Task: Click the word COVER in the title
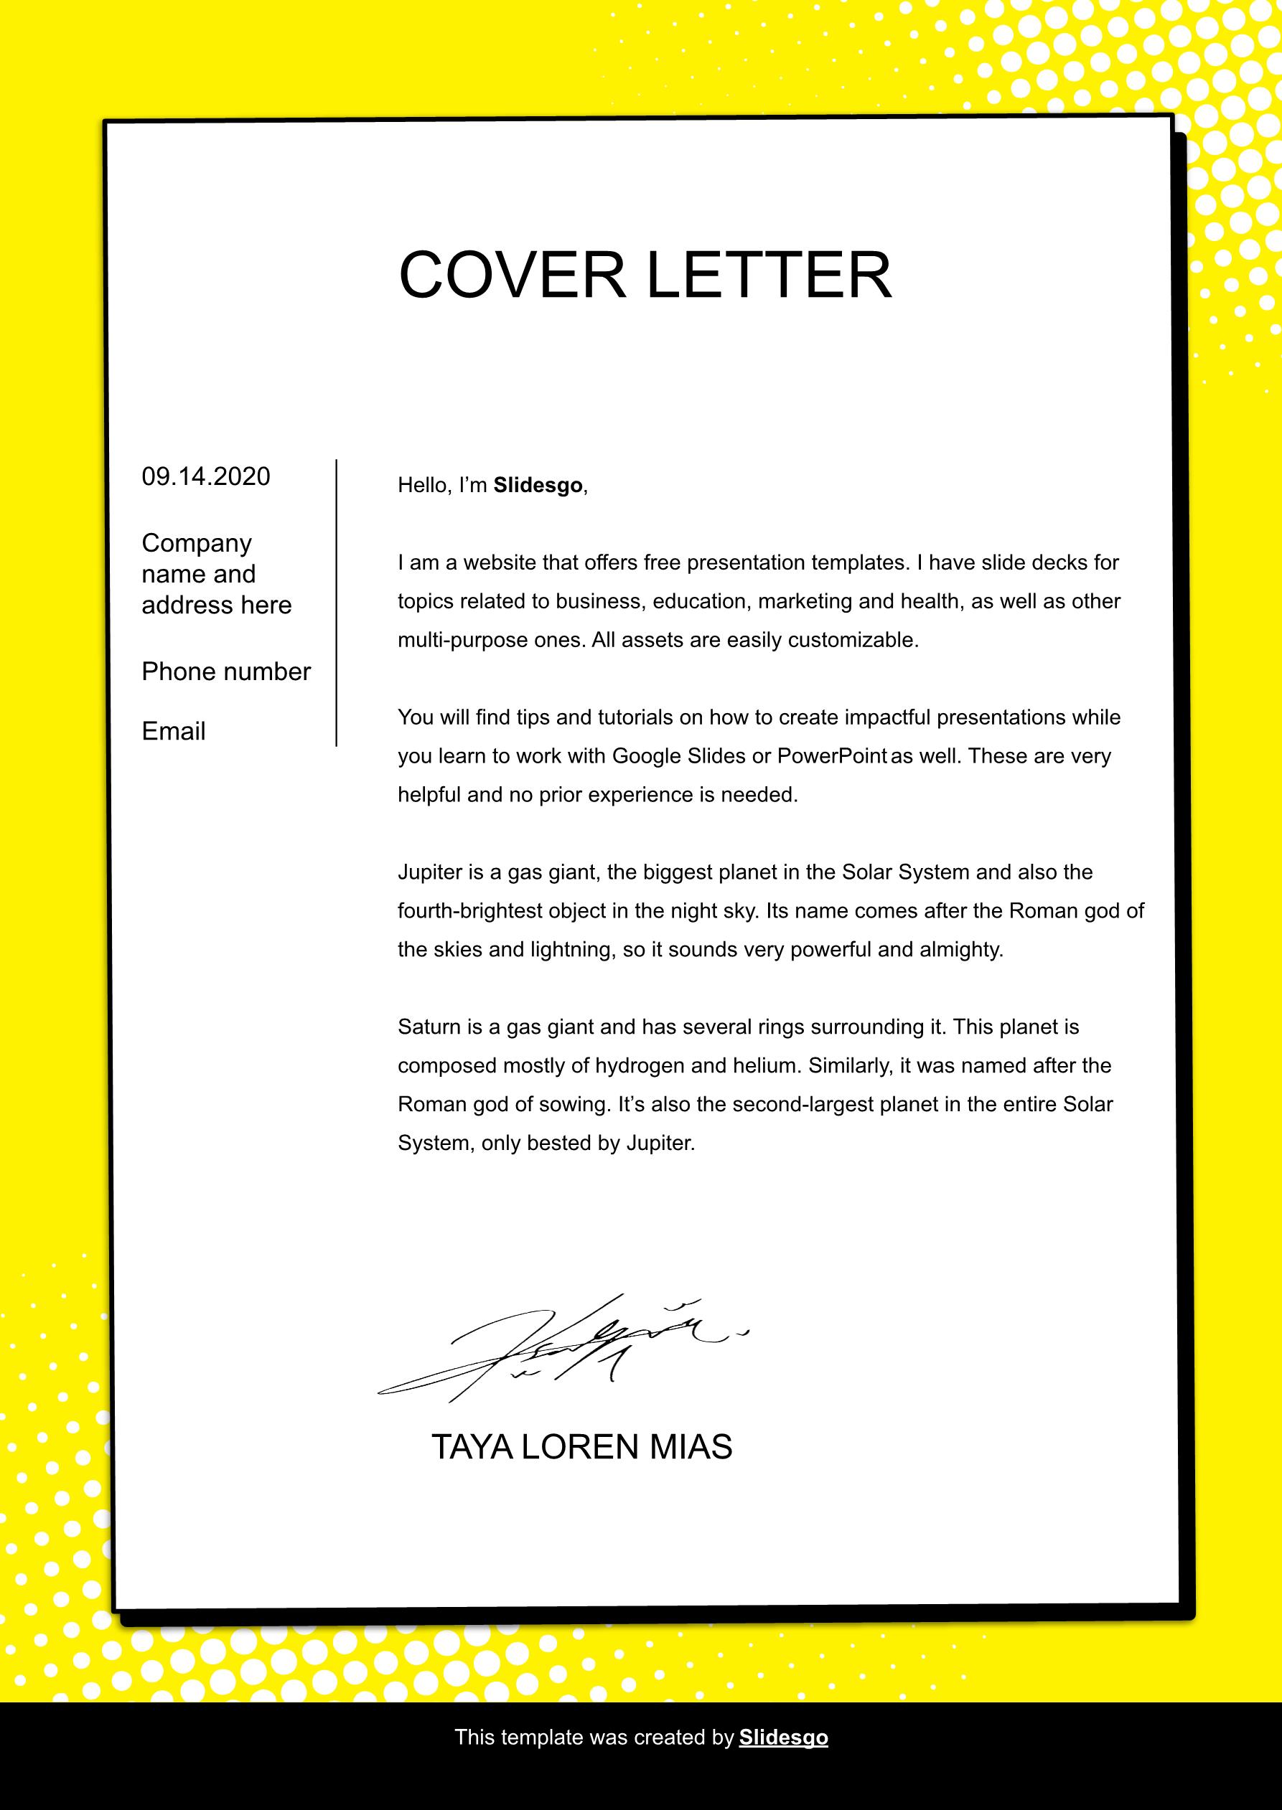point(513,275)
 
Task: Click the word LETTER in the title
point(769,275)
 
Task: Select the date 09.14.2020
point(206,476)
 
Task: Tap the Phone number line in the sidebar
point(226,671)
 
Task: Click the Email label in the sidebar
point(174,732)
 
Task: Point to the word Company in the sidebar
point(197,543)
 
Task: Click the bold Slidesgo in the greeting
point(538,485)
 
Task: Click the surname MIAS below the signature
point(691,1447)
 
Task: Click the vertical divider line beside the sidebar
point(336,603)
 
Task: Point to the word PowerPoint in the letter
point(832,756)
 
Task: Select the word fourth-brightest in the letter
point(469,910)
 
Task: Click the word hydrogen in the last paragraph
point(640,1066)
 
